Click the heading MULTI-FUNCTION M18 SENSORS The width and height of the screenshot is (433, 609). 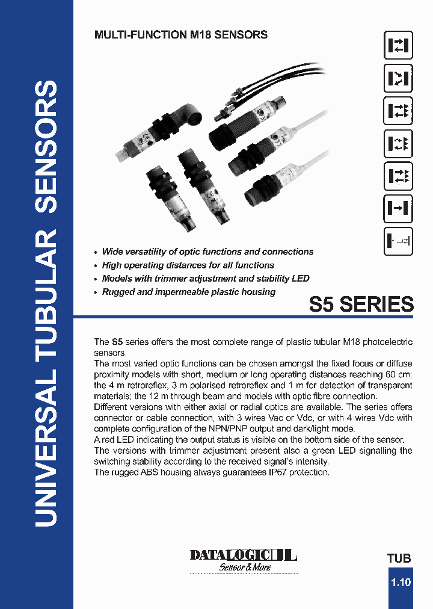pyautogui.click(x=181, y=35)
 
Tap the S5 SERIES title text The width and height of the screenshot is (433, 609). pyautogui.click(x=361, y=304)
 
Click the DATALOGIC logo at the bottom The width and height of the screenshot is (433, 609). pyautogui.click(x=244, y=554)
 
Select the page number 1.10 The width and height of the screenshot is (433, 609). pyautogui.click(x=401, y=583)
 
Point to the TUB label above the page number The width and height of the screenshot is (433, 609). pyautogui.click(x=399, y=558)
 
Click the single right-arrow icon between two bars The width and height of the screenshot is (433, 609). pyautogui.click(x=398, y=209)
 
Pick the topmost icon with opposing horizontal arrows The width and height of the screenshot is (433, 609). pyautogui.click(x=398, y=46)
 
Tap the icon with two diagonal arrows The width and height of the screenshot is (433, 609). pyautogui.click(x=398, y=78)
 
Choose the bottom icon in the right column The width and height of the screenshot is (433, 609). pyautogui.click(x=398, y=241)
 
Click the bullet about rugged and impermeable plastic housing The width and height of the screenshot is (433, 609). pyautogui.click(x=188, y=292)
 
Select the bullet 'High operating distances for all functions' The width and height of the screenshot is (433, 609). pyautogui.click(x=188, y=265)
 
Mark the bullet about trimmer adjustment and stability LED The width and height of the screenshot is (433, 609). pyautogui.click(x=206, y=279)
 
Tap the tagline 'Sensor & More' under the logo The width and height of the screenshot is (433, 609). pyautogui.click(x=244, y=567)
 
